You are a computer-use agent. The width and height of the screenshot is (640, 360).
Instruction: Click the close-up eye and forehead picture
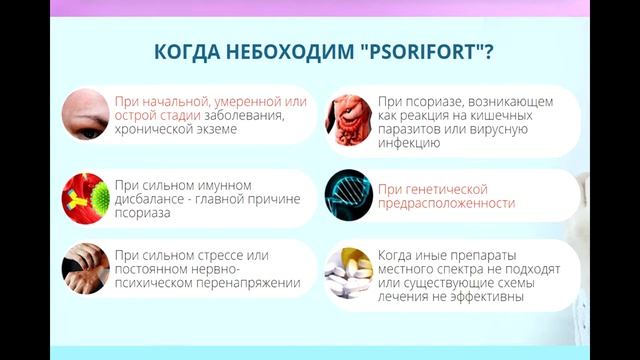tap(85, 115)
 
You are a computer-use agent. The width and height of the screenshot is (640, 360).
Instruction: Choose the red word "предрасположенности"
tap(446, 203)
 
